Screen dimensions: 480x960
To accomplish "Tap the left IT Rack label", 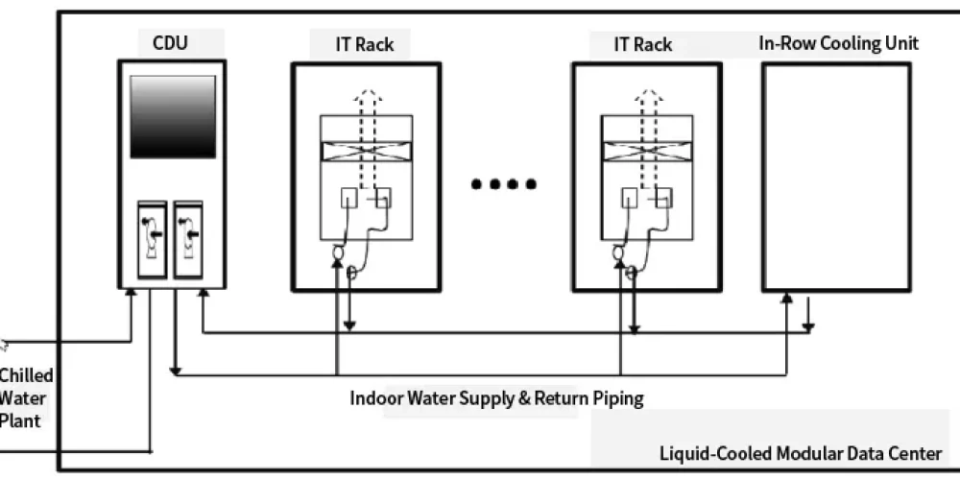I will pyautogui.click(x=351, y=44).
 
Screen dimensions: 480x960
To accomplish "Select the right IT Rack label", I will pyautogui.click(x=642, y=44).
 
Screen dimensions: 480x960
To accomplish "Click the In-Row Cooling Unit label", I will pyautogui.click(x=838, y=43).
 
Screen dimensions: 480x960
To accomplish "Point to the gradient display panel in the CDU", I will pyautogui.click(x=173, y=116).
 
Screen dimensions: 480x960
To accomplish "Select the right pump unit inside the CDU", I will pyautogui.click(x=188, y=240).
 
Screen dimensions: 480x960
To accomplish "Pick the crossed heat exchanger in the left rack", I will pyautogui.click(x=366, y=151).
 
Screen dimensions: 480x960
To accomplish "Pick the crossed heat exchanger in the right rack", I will pyautogui.click(x=647, y=151).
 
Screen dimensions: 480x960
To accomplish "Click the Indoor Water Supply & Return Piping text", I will pyautogui.click(x=496, y=397).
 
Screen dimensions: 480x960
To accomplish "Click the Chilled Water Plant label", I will pyautogui.click(x=26, y=397).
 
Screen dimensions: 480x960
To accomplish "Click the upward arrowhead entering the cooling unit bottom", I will pyautogui.click(x=786, y=299).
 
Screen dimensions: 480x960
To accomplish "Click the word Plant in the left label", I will pyautogui.click(x=20, y=420).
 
